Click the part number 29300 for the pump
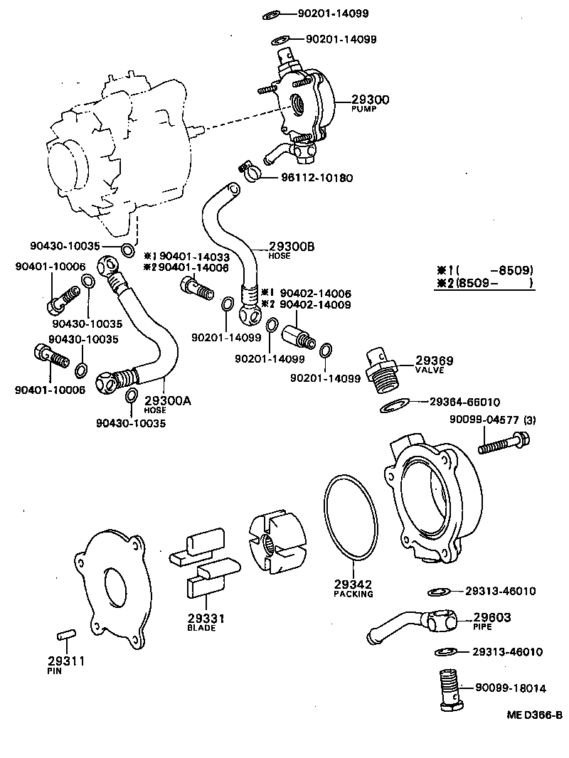click(x=370, y=100)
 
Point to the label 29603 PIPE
click(x=492, y=621)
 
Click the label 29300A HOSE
click(x=167, y=404)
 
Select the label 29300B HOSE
click(x=292, y=250)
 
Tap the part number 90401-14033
click(x=194, y=256)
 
